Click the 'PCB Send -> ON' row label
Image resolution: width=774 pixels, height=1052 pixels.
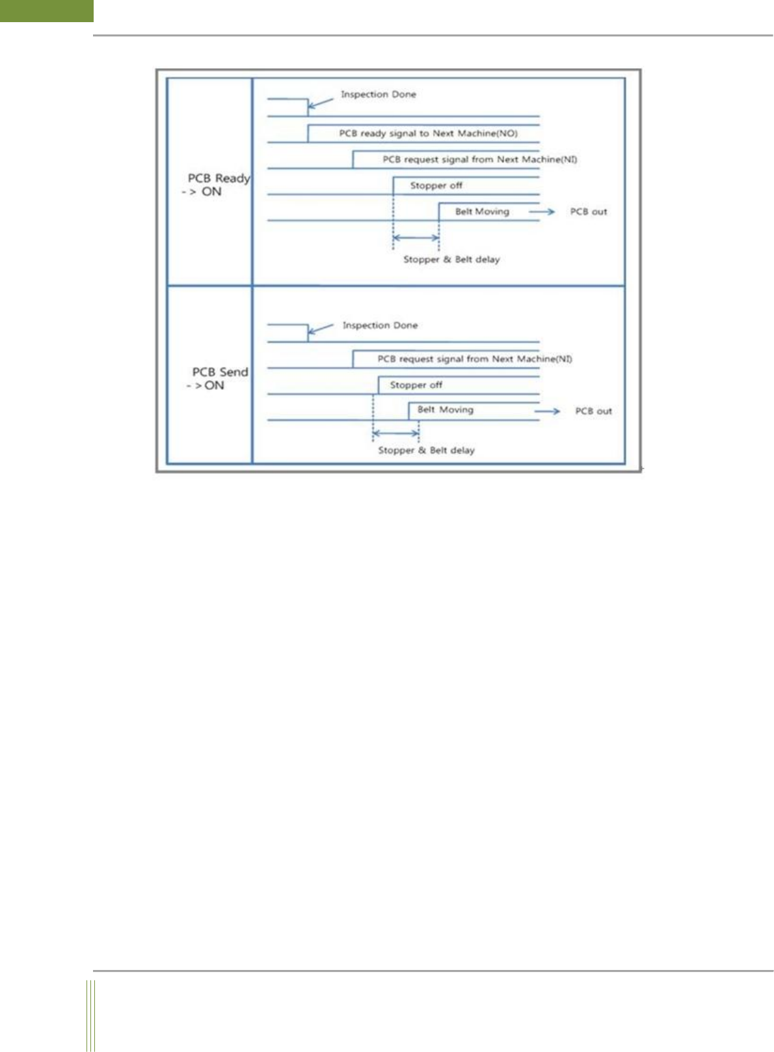click(219, 378)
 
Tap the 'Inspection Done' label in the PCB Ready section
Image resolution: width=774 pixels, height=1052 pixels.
click(378, 94)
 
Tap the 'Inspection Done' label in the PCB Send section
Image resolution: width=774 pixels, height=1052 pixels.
click(380, 325)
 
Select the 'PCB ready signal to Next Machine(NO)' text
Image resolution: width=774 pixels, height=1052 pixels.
click(428, 133)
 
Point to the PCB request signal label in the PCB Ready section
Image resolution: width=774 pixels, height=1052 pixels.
click(479, 159)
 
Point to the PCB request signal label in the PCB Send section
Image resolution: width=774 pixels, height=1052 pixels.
click(475, 359)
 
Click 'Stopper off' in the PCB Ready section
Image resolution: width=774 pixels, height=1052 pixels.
click(436, 186)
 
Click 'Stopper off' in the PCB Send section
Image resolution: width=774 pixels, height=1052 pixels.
click(416, 385)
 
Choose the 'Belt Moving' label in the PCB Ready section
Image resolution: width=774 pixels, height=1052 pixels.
click(482, 212)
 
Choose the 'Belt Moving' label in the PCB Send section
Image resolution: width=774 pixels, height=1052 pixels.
click(445, 409)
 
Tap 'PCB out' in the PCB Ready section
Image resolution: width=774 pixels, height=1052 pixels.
click(588, 212)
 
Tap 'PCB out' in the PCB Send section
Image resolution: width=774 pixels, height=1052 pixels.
click(593, 411)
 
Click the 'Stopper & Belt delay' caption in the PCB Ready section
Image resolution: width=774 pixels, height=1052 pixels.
click(451, 259)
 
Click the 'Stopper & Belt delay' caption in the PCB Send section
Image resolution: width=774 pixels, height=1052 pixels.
click(426, 450)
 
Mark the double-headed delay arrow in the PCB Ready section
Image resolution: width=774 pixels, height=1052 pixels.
click(416, 238)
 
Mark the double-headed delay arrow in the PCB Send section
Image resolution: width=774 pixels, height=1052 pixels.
click(395, 432)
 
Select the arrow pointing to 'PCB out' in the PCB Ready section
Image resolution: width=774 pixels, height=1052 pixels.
click(541, 212)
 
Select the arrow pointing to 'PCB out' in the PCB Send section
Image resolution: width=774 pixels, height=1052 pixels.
click(546, 411)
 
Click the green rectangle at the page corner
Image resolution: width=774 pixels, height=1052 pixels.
click(47, 10)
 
